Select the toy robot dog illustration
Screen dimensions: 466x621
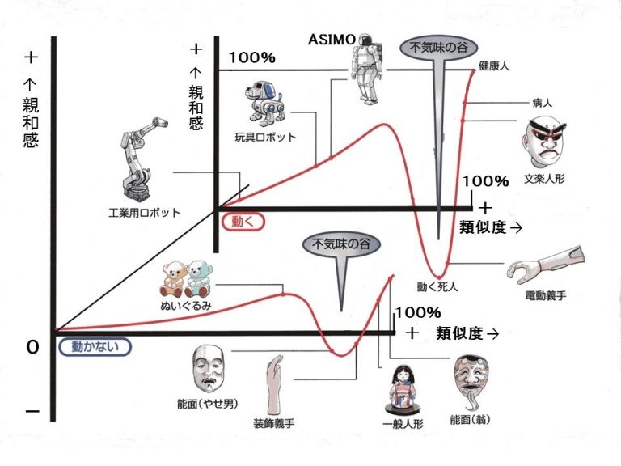(x=264, y=101)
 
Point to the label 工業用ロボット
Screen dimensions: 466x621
(x=144, y=212)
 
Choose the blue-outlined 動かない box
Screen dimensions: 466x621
(x=95, y=346)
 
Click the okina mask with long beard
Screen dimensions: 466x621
(x=471, y=383)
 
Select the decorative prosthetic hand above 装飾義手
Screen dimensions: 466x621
(x=272, y=384)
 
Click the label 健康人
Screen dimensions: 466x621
(x=492, y=65)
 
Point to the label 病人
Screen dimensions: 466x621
(x=542, y=104)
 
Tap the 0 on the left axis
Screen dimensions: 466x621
(x=32, y=346)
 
